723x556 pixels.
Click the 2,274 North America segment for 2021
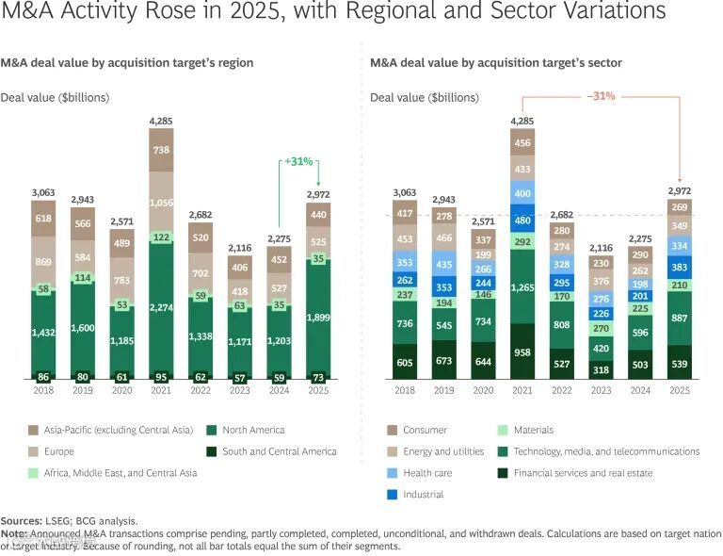click(161, 306)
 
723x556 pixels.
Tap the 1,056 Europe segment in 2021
click(161, 202)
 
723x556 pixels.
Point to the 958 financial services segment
click(522, 350)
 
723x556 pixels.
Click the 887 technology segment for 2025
click(679, 318)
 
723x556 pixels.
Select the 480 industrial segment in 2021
click(522, 221)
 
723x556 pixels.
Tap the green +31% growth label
click(298, 161)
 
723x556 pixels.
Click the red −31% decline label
click(601, 96)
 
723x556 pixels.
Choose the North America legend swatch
click(214, 430)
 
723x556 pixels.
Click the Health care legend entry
click(427, 473)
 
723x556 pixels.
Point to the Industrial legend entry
click(423, 494)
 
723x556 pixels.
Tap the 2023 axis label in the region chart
click(239, 389)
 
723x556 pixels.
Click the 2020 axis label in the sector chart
click(482, 389)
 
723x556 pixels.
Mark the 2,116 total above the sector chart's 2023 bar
click(600, 248)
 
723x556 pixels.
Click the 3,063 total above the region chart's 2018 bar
click(42, 191)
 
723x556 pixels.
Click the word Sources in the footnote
click(21, 520)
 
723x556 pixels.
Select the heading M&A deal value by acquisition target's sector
click(496, 63)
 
